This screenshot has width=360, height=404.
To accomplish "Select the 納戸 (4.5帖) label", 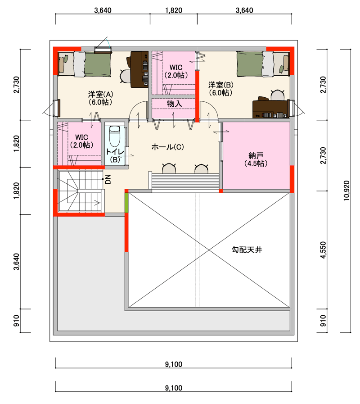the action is [x=256, y=159].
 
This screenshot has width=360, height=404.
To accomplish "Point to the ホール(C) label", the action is [x=168, y=147].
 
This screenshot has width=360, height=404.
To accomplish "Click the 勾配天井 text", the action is [x=247, y=250].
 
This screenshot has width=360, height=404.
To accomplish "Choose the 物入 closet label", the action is [x=174, y=104].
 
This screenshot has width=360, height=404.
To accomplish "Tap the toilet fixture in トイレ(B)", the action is [x=115, y=136].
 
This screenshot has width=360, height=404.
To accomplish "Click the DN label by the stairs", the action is [x=108, y=179].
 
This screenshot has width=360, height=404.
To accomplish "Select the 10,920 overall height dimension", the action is [x=346, y=191].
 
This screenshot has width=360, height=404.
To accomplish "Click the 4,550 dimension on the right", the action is [x=323, y=250].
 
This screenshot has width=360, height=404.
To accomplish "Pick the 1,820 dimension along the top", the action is [x=174, y=10].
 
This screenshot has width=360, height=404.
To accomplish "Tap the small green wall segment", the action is [x=126, y=203].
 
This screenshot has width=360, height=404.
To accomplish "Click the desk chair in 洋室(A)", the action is [x=126, y=76].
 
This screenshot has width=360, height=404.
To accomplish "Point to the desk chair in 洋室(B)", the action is [x=277, y=95].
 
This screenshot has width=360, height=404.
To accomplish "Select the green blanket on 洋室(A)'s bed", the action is [x=98, y=64].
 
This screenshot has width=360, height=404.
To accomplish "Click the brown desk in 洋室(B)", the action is [x=270, y=109].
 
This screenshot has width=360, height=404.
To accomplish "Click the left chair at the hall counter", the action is [x=169, y=168].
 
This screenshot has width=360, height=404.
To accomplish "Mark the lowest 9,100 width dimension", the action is [x=174, y=388].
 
